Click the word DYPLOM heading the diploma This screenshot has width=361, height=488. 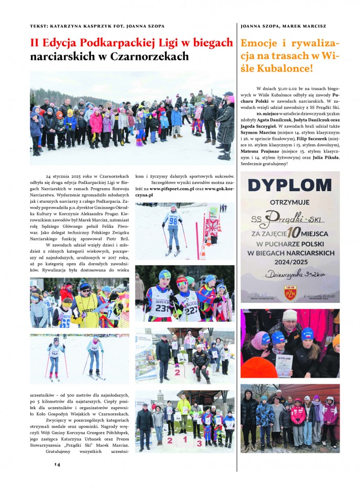[290, 186]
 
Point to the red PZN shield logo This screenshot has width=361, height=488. [290, 292]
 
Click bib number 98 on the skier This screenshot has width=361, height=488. [173, 221]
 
